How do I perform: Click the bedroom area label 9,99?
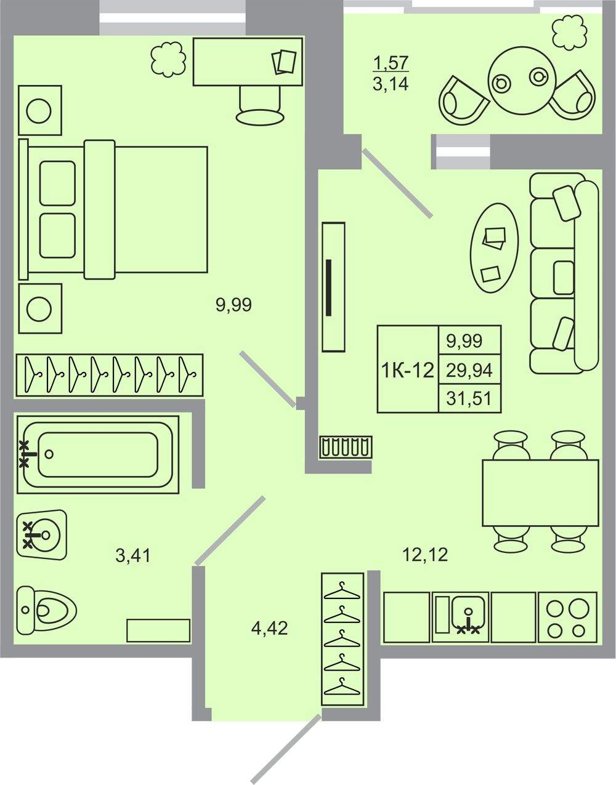pyautogui.click(x=233, y=305)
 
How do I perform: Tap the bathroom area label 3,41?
pyautogui.click(x=133, y=555)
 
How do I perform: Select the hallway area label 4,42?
pyautogui.click(x=269, y=628)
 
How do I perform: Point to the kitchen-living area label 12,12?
pyautogui.click(x=425, y=555)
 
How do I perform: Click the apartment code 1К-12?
pyautogui.click(x=408, y=370)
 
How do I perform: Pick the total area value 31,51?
pyautogui.click(x=469, y=399)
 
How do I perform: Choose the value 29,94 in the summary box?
pyautogui.click(x=469, y=370)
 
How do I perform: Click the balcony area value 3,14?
pyautogui.click(x=391, y=84)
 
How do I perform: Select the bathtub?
pyautogui.click(x=98, y=454)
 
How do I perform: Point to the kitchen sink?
pyautogui.click(x=460, y=617)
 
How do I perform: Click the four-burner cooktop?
pyautogui.click(x=567, y=617)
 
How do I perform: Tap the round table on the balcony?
pyautogui.click(x=521, y=80)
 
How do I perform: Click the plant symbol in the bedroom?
pyautogui.click(x=168, y=59)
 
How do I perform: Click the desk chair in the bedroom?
pyautogui.click(x=260, y=105)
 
